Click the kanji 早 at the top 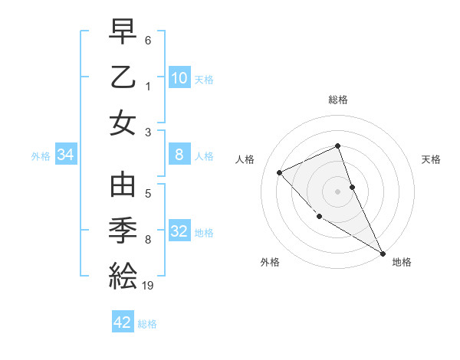click(x=123, y=33)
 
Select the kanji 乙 click(x=123, y=77)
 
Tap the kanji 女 click(x=123, y=123)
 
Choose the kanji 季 click(x=123, y=231)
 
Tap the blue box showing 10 click(x=179, y=78)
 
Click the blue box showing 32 click(x=179, y=232)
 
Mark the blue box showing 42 click(x=123, y=322)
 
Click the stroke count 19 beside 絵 click(x=148, y=286)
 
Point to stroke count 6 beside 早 click(x=148, y=39)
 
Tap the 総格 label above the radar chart click(x=338, y=100)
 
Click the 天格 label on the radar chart click(x=431, y=159)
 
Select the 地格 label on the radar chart click(x=401, y=262)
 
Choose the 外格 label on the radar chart click(x=270, y=262)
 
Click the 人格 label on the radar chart click(x=245, y=159)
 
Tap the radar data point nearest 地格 click(x=382, y=253)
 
